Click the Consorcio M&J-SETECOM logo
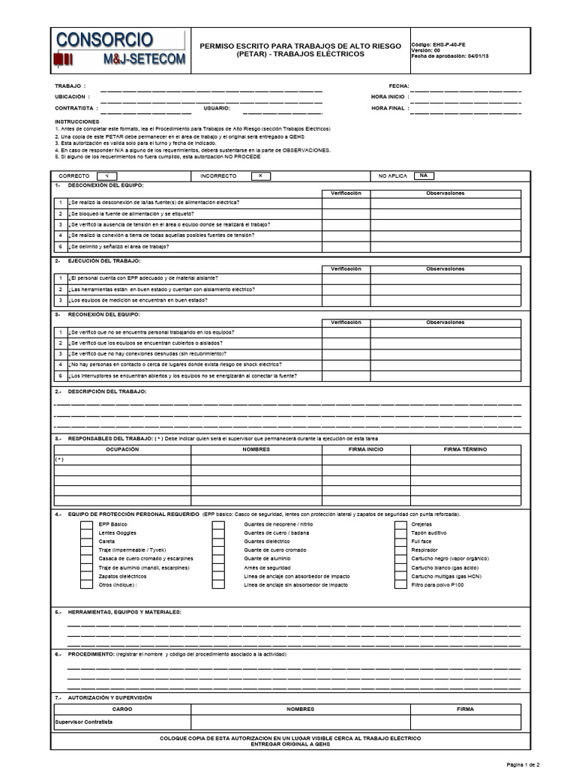coord(118,49)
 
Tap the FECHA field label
coord(398,86)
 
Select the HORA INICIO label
coord(388,97)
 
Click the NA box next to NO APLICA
coord(423,175)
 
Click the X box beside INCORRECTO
coord(259,175)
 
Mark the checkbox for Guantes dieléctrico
coord(217,541)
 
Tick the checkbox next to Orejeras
coord(401,523)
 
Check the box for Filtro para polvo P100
coord(401,584)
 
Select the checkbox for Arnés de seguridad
coord(217,567)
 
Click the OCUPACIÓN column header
coord(121,448)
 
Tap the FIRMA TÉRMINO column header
coord(465,448)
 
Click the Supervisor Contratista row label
coord(83,721)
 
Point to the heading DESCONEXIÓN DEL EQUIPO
coord(105,184)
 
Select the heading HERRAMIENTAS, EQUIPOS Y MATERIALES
coord(124,612)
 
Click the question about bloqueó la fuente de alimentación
coord(136,214)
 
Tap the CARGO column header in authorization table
coord(121,708)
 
